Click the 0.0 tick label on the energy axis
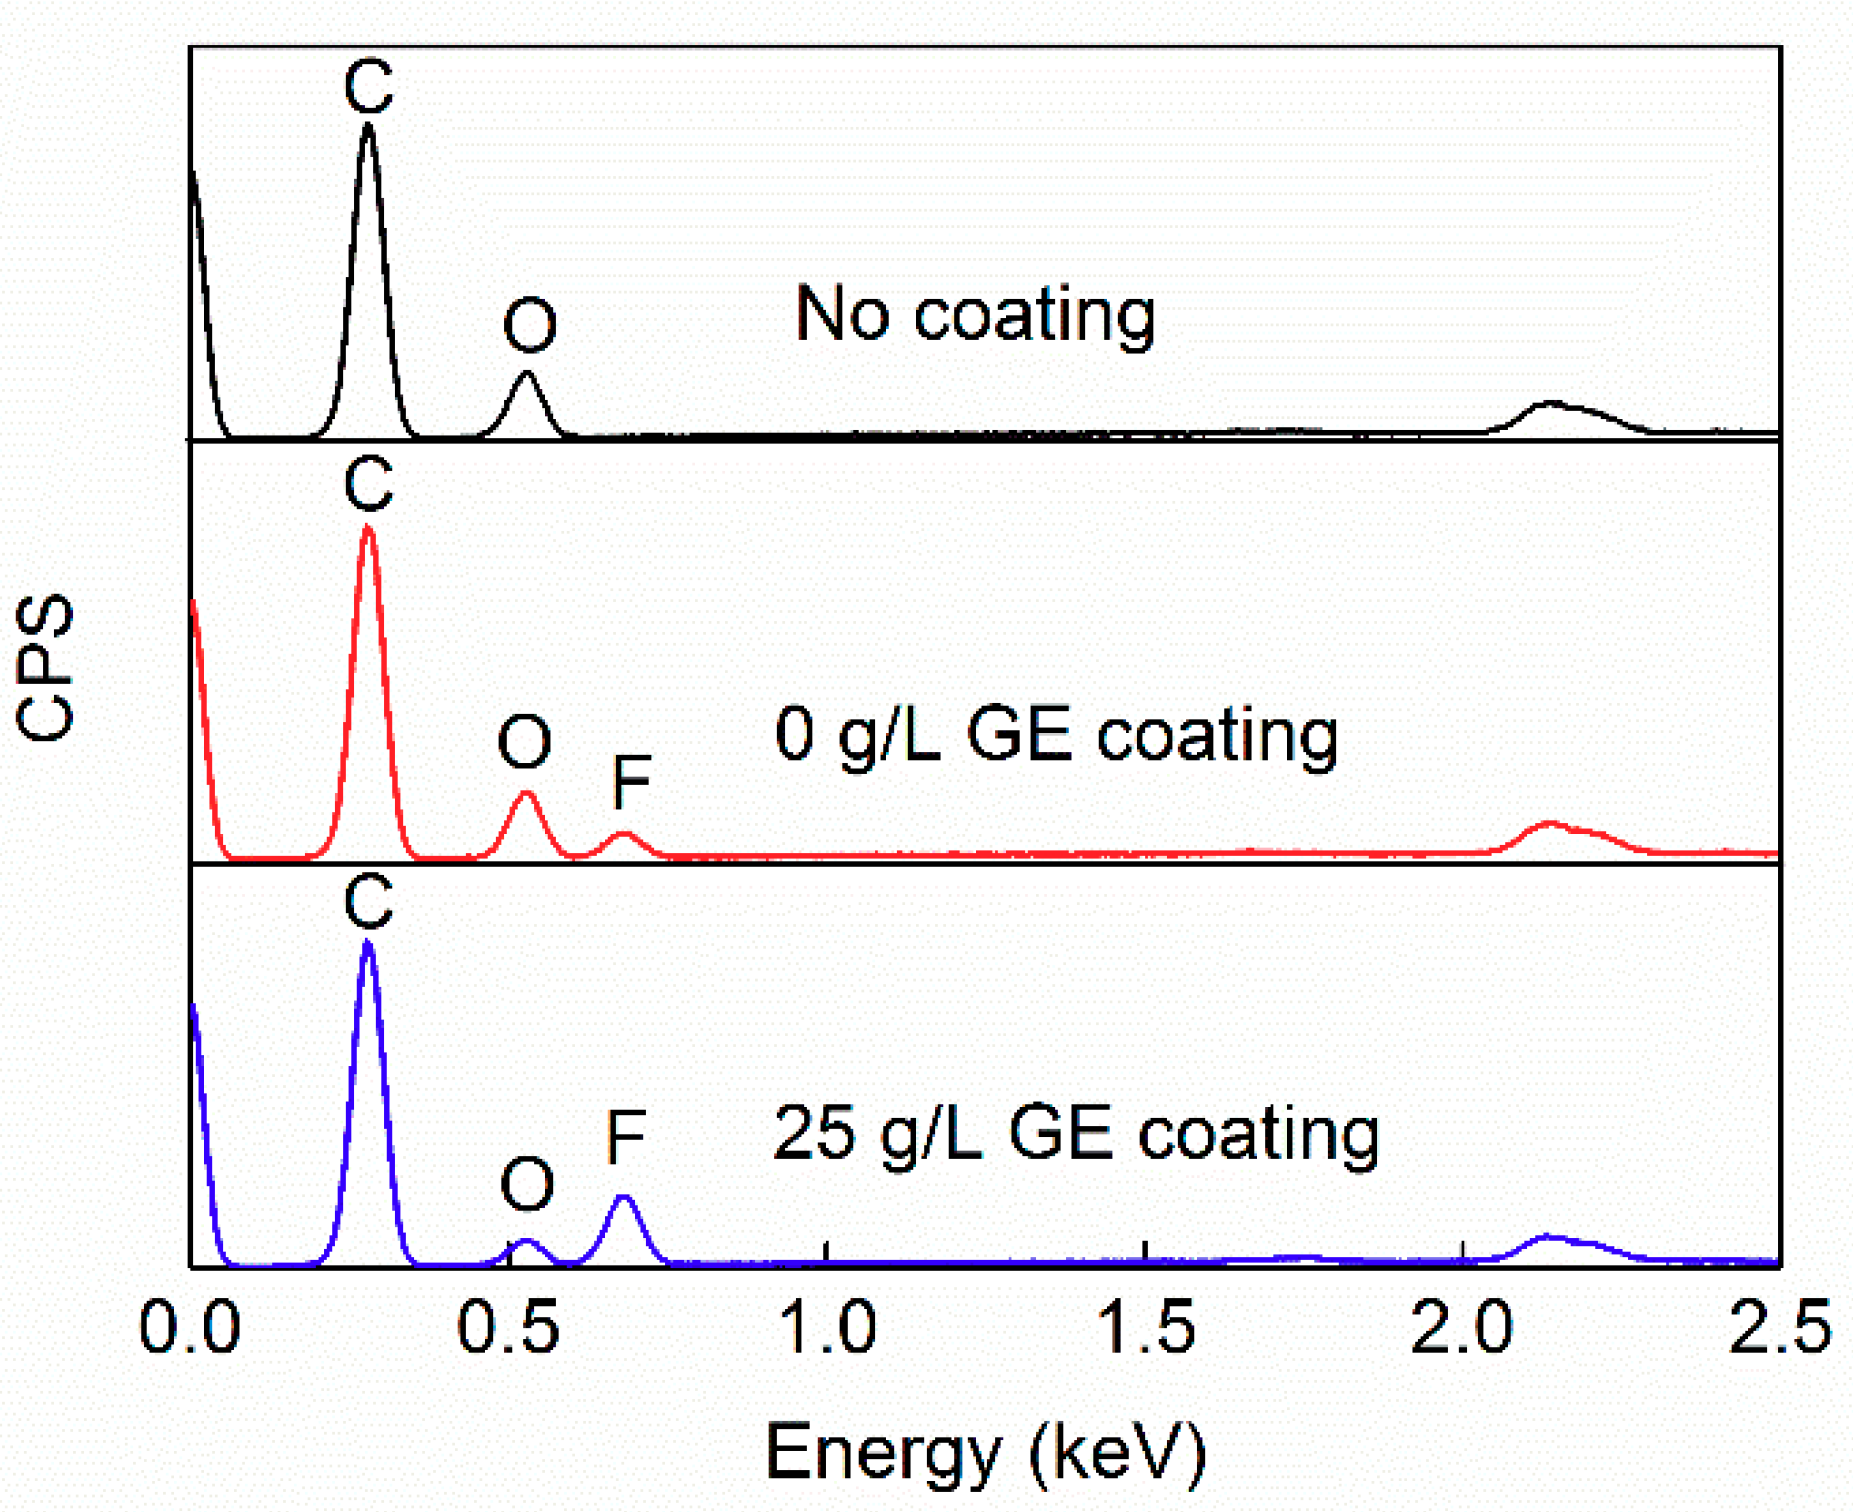189,1329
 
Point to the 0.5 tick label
508,1329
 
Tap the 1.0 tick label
826,1329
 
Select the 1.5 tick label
1145,1329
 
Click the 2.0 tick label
1462,1329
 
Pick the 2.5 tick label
1780,1329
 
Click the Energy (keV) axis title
985,1453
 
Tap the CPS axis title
46,667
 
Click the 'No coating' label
975,315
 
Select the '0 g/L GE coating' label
1056,735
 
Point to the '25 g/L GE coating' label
1076,1134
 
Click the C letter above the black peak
368,86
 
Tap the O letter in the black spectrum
529,326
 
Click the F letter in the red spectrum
631,782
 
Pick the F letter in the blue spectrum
626,1137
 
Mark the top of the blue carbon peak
368,942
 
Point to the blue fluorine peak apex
624,1197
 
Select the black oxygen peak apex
527,373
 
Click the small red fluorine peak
623,834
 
